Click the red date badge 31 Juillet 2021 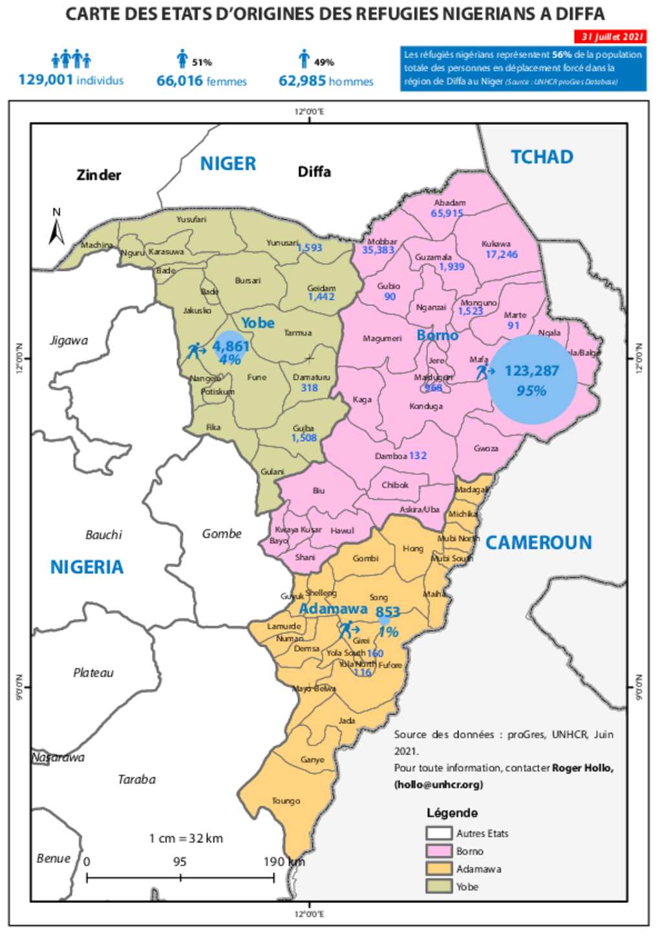tap(610, 37)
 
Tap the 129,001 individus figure tap(70, 80)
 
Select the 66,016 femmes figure tap(201, 81)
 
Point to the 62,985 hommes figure tap(326, 81)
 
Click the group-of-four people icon tap(71, 60)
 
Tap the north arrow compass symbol tap(57, 228)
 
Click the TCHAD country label tap(542, 157)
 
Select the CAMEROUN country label tap(539, 543)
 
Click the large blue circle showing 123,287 tap(531, 380)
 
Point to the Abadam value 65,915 tap(447, 213)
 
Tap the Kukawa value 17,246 tap(502, 254)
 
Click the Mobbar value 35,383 tap(378, 250)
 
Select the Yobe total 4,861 tap(231, 346)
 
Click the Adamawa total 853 tap(387, 612)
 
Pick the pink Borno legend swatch tap(438, 851)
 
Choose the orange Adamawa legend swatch tap(438, 869)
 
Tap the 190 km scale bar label tap(283, 862)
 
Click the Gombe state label tap(222, 534)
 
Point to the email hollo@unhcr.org tap(438, 785)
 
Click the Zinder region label tap(99, 175)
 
